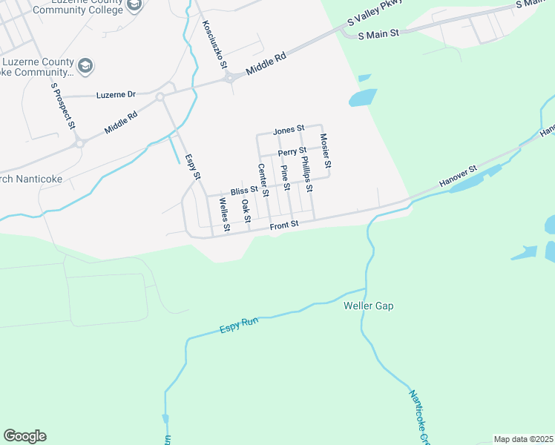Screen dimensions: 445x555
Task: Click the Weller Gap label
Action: [368, 306]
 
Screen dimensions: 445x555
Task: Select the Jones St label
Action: [289, 130]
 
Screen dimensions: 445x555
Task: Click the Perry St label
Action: [292, 152]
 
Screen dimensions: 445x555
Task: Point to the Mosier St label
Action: [324, 149]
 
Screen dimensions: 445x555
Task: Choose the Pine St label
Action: [285, 177]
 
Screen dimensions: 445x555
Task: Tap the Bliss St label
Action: [243, 191]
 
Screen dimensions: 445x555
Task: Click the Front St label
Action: [283, 224]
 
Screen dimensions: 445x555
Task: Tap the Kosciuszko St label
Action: [213, 44]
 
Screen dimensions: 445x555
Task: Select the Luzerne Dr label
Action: [116, 95]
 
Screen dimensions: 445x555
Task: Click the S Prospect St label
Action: [64, 106]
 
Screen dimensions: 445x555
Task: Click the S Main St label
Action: [378, 34]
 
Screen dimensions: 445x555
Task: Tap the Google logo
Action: [24, 436]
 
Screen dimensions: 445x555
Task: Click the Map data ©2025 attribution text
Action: [523, 439]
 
